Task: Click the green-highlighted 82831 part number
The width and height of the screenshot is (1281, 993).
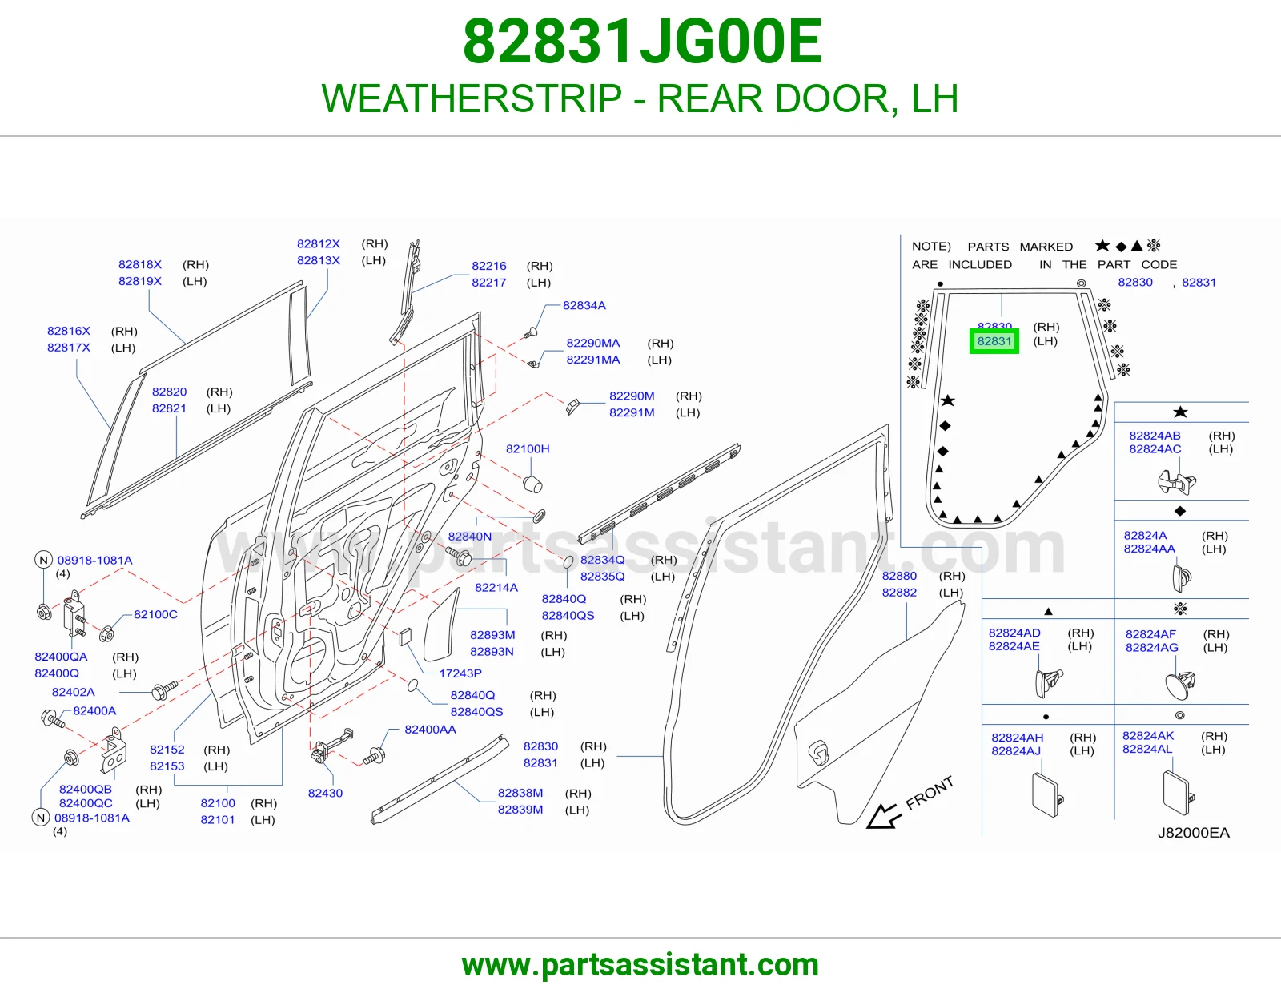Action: click(x=994, y=341)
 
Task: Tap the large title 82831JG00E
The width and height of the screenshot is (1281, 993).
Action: click(x=642, y=42)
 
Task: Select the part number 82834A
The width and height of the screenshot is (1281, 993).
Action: click(x=584, y=305)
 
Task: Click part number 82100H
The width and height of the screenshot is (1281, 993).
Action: click(x=528, y=448)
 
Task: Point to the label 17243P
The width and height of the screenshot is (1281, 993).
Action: click(x=460, y=673)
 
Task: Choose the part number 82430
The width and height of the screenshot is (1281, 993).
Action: click(x=325, y=793)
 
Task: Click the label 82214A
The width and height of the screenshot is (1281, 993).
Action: click(x=496, y=587)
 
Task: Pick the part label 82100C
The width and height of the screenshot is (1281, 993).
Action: click(x=155, y=614)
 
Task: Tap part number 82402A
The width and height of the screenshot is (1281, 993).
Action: click(x=73, y=692)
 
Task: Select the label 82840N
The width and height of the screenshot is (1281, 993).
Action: click(x=470, y=537)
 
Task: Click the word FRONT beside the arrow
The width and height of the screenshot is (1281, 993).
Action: click(x=930, y=793)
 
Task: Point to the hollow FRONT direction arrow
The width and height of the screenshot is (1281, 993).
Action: click(x=884, y=817)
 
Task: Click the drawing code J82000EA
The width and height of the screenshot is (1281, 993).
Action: click(x=1194, y=833)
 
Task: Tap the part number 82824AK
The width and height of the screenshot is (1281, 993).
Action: click(x=1148, y=736)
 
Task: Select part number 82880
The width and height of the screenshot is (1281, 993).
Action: click(x=899, y=576)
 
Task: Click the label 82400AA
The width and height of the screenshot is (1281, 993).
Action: click(x=431, y=730)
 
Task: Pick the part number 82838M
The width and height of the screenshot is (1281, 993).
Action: click(x=520, y=793)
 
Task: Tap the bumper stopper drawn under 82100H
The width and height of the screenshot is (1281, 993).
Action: click(x=533, y=484)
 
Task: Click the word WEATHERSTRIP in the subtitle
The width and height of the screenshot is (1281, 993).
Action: click(x=472, y=98)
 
